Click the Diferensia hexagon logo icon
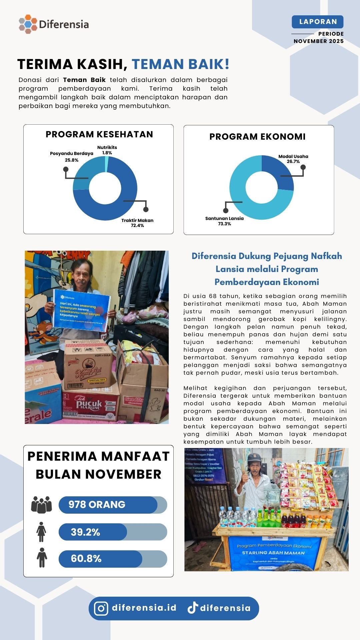(x=28, y=24)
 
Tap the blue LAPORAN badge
(x=317, y=22)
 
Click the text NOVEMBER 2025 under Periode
(x=318, y=41)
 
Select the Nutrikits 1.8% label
(x=107, y=150)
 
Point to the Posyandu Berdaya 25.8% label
(x=72, y=157)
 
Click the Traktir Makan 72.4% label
(x=137, y=223)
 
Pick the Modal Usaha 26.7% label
(x=293, y=159)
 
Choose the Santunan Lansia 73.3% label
(x=224, y=221)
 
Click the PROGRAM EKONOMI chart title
(x=257, y=137)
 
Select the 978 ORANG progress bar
(x=113, y=505)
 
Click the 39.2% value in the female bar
(x=85, y=532)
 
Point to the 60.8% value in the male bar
(x=86, y=559)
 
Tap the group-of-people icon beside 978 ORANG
(x=41, y=505)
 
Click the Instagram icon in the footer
(x=101, y=608)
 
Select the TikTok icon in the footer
(x=193, y=608)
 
